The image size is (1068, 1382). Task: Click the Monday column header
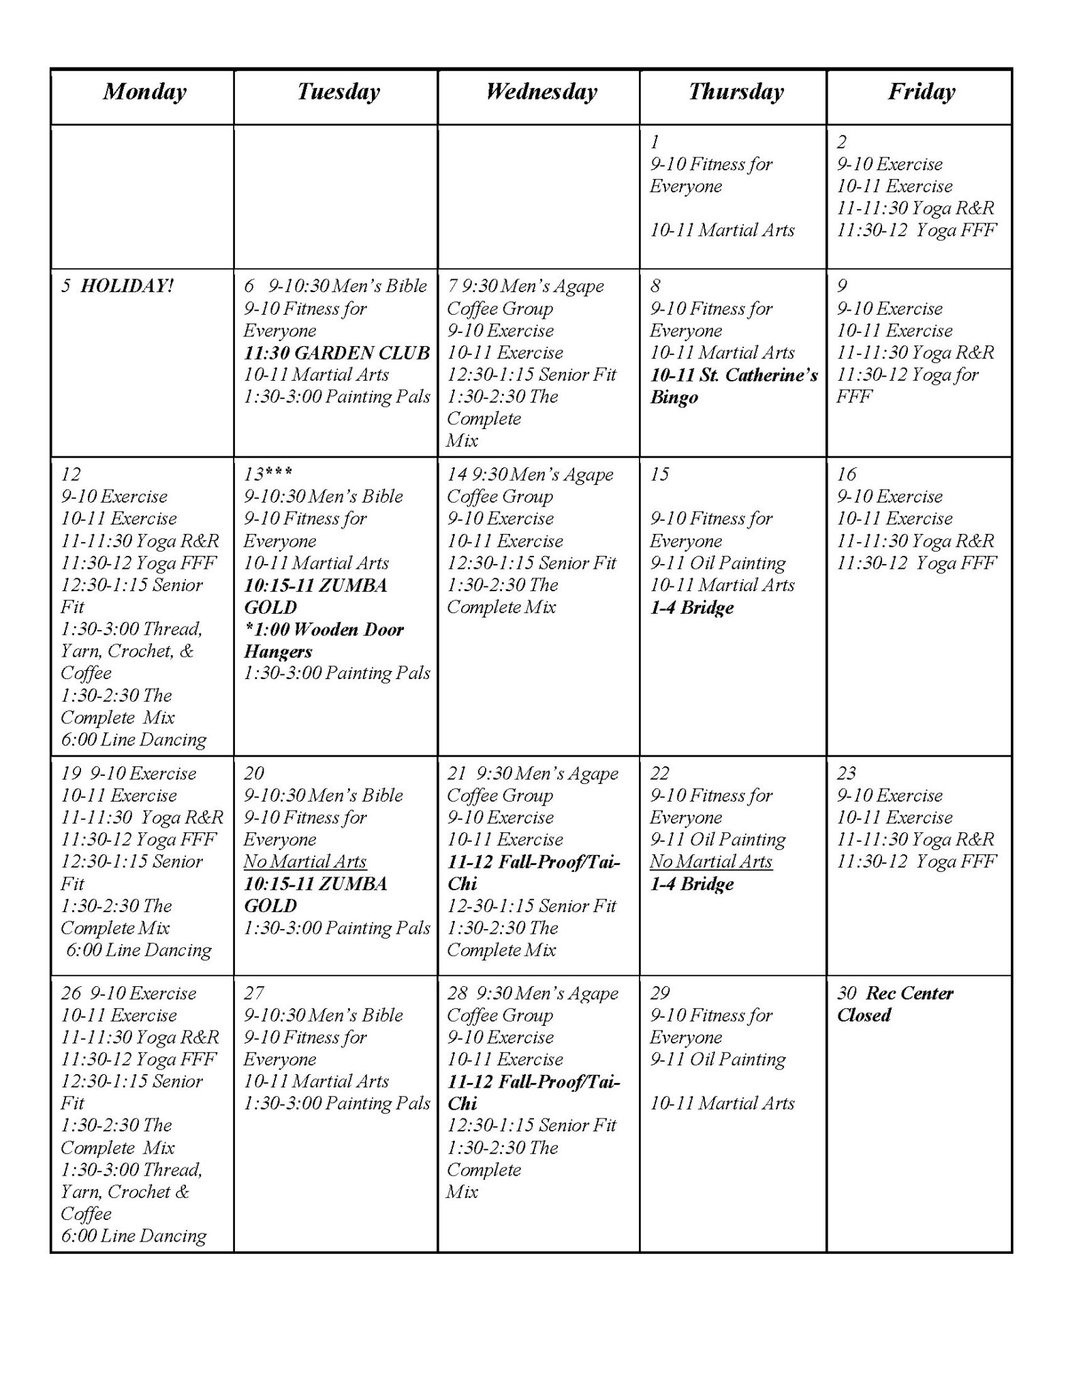click(x=144, y=92)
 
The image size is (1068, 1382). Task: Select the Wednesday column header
click(x=541, y=92)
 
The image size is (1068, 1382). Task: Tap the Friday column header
click(x=921, y=92)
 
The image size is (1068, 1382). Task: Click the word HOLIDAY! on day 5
click(x=127, y=286)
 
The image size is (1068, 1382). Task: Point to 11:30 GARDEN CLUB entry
click(x=336, y=353)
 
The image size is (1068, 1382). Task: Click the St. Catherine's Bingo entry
click(x=733, y=386)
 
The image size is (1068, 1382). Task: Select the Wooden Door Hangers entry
click(x=324, y=640)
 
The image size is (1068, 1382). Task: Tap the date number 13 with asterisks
click(x=268, y=475)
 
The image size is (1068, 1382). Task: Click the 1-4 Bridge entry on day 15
click(x=692, y=608)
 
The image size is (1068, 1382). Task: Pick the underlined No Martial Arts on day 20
click(x=305, y=862)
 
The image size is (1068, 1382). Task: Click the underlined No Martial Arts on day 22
click(x=710, y=862)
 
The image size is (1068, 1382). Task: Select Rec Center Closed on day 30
click(x=895, y=1004)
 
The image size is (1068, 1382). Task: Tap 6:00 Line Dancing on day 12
click(x=133, y=740)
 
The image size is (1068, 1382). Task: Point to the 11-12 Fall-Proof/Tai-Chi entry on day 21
click(x=533, y=873)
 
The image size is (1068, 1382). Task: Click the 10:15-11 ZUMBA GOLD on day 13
click(x=315, y=596)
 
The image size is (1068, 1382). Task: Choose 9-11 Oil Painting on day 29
click(x=717, y=1060)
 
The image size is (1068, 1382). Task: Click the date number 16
click(x=846, y=475)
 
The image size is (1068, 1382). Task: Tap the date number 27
click(x=253, y=994)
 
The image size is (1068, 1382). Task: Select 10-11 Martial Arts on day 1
click(x=722, y=230)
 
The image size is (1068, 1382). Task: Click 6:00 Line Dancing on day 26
click(x=133, y=1236)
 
